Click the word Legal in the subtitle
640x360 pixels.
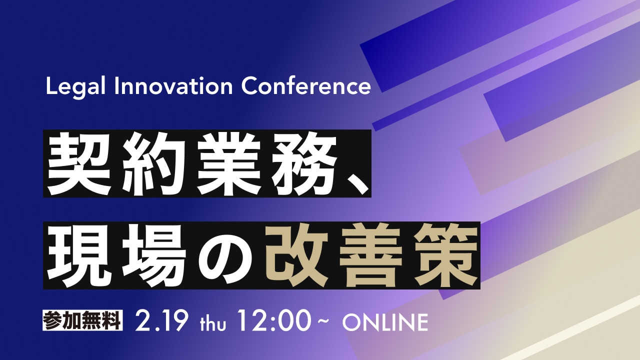pyautogui.click(x=75, y=87)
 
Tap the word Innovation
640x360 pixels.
pyautogui.click(x=173, y=86)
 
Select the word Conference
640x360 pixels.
pyautogui.click(x=306, y=86)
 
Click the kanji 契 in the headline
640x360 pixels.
pyautogui.click(x=79, y=164)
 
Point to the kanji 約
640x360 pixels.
pyautogui.click(x=154, y=164)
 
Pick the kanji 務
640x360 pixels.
pyautogui.click(x=304, y=164)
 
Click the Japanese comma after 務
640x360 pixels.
pyautogui.click(x=357, y=183)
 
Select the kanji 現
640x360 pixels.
pyautogui.click(x=79, y=255)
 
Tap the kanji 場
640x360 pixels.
pyautogui.click(x=154, y=255)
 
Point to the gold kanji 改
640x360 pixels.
pyautogui.click(x=296, y=255)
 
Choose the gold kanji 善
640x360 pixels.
pyautogui.click(x=371, y=255)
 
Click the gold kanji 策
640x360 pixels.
pyautogui.click(x=445, y=255)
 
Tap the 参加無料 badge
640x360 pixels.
pyautogui.click(x=82, y=320)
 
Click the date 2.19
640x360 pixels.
pyautogui.click(x=161, y=321)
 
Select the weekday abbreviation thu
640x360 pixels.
pyautogui.click(x=213, y=323)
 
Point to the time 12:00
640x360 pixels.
pyautogui.click(x=273, y=321)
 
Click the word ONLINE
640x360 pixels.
pyautogui.click(x=385, y=322)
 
